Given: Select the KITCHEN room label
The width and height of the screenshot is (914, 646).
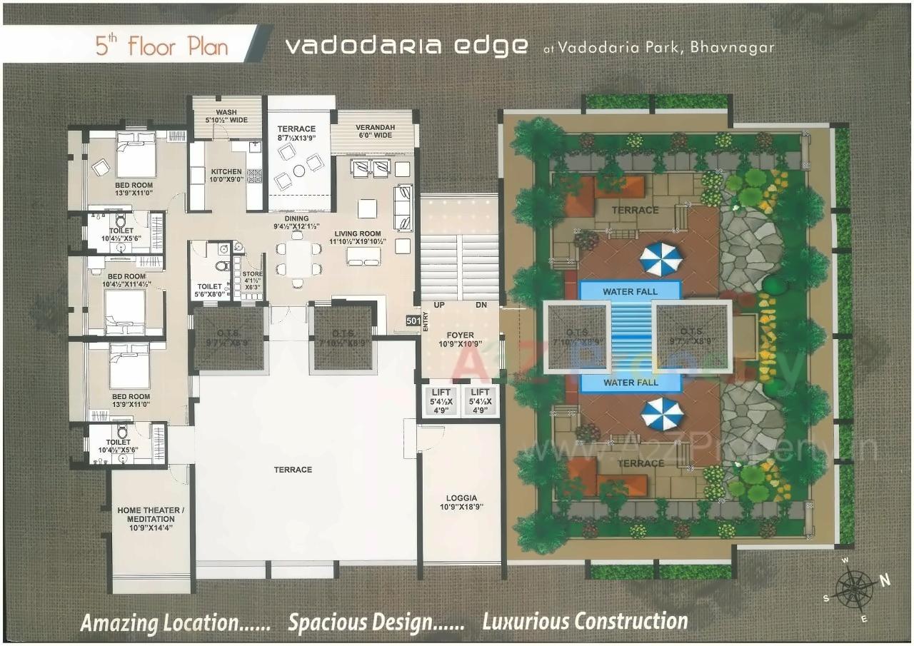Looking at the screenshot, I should [x=226, y=171].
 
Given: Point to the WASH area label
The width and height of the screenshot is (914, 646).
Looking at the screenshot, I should [x=226, y=112].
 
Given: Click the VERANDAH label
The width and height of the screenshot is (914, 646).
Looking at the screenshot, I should [x=374, y=128].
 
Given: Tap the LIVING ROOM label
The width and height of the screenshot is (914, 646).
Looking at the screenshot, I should [x=360, y=233].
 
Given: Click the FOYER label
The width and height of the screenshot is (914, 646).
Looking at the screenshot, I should [x=460, y=334].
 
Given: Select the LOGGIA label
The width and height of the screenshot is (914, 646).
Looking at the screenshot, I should [x=461, y=498].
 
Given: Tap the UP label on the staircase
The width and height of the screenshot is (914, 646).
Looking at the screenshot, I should [x=441, y=305].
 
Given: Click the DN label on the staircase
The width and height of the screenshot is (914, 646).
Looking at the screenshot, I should [x=481, y=305].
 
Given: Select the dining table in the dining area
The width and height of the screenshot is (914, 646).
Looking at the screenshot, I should [x=297, y=259].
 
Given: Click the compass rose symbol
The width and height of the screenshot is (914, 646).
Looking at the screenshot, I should [x=855, y=590].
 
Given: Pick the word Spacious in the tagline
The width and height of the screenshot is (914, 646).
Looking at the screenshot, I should [x=328, y=622].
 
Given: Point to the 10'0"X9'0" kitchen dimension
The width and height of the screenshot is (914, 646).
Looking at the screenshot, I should [x=226, y=180].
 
